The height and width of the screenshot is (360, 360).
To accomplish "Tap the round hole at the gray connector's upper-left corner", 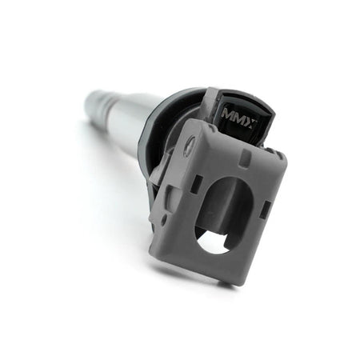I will (189, 146).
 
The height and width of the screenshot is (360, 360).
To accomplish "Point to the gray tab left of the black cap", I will (209, 104).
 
